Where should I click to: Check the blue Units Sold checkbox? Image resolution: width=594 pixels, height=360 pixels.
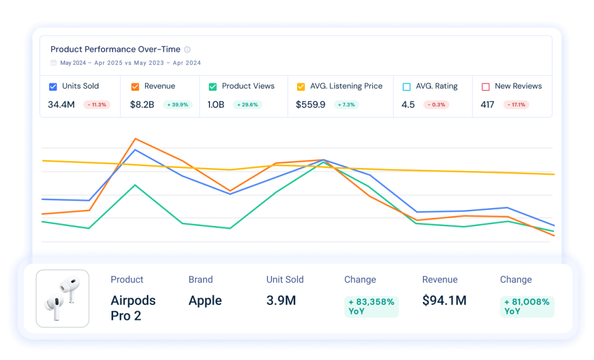point(53,86)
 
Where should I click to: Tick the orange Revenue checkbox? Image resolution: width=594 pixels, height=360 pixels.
point(135,86)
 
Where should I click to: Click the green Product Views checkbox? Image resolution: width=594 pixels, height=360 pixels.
point(212,86)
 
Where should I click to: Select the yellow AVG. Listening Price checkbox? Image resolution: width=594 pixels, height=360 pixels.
point(300,86)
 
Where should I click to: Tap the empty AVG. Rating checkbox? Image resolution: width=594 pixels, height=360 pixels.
point(406,86)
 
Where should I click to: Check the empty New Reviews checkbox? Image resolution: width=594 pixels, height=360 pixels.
point(486,86)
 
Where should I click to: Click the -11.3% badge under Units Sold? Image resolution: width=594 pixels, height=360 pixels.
point(96,105)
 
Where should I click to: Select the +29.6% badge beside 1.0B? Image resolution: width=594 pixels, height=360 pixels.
point(248,105)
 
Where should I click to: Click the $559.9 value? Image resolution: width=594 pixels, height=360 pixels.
point(310,105)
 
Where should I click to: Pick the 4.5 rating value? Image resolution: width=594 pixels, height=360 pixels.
point(408,105)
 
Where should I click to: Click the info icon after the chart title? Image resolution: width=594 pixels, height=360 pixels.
point(187,50)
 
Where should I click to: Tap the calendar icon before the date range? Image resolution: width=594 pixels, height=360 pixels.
point(54,63)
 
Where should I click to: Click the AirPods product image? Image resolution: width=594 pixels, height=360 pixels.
point(63,299)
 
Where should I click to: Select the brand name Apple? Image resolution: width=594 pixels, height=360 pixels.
point(205,300)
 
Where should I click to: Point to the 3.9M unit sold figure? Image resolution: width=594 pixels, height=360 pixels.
point(281,300)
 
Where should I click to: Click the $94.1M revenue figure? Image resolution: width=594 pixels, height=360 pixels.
point(444,300)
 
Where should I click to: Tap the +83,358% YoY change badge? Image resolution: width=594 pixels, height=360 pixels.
point(371,307)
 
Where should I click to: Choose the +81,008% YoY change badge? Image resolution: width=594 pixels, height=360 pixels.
point(527,307)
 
